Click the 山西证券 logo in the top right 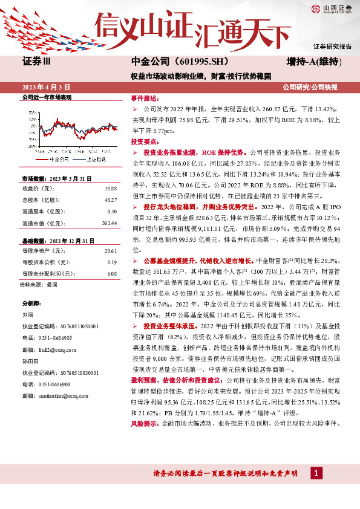click(332, 8)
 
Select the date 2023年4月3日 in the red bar click(47, 87)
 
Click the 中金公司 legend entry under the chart click(57, 159)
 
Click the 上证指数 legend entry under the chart click(94, 159)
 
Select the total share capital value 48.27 click(110, 199)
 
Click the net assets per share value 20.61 click(110, 250)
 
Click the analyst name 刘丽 click(27, 314)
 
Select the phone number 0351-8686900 click(55, 384)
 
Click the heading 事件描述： click(145, 97)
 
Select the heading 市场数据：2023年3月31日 click(56, 179)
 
